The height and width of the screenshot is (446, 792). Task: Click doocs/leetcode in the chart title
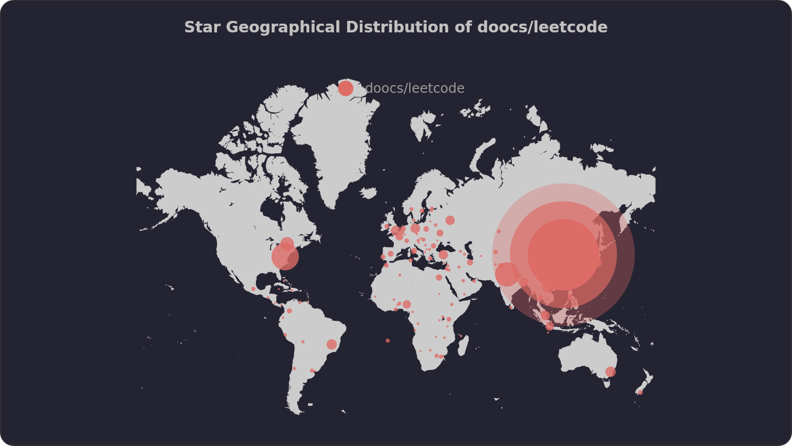542,27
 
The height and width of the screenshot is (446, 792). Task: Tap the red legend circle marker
345,88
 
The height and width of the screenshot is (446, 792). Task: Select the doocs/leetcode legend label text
415,88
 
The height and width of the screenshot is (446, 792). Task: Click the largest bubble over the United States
285,257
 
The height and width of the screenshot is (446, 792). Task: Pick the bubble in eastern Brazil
332,344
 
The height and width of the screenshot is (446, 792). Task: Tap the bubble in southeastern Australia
610,372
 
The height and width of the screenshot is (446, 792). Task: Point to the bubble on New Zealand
640,392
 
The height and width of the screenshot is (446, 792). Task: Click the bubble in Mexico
253,289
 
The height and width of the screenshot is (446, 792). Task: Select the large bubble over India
507,274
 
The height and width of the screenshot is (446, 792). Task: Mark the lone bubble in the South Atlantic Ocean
388,341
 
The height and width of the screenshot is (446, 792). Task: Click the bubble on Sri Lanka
511,307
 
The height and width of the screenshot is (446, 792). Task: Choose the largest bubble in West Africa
406,304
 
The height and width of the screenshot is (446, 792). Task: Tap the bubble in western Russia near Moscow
450,220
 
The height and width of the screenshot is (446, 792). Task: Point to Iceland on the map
369,193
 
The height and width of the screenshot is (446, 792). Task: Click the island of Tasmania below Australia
607,384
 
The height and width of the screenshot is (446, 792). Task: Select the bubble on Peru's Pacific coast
285,335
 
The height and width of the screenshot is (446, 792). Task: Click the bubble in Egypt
439,277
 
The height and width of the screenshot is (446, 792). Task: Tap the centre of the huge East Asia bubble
564,254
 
